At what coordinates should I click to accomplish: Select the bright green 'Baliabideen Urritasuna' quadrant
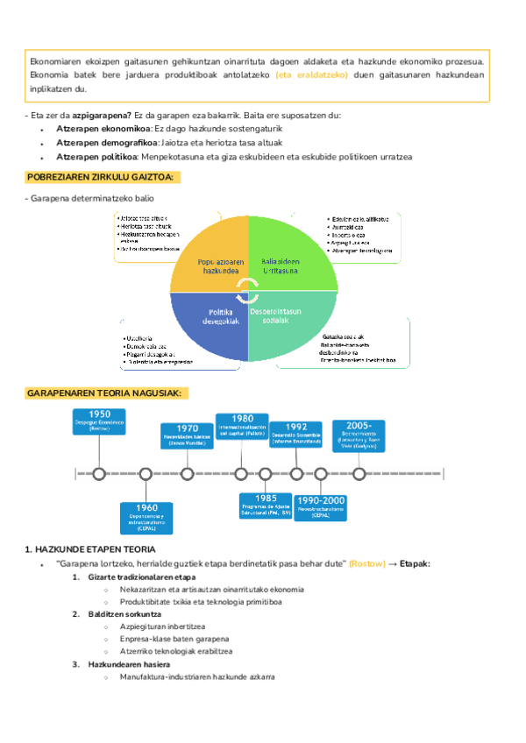(285, 254)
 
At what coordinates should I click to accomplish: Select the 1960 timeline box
(147, 518)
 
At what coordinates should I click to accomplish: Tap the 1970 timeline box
(187, 435)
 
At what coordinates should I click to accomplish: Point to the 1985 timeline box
(266, 506)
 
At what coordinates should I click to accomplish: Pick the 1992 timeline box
(296, 434)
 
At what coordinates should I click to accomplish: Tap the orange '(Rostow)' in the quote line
(366, 563)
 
